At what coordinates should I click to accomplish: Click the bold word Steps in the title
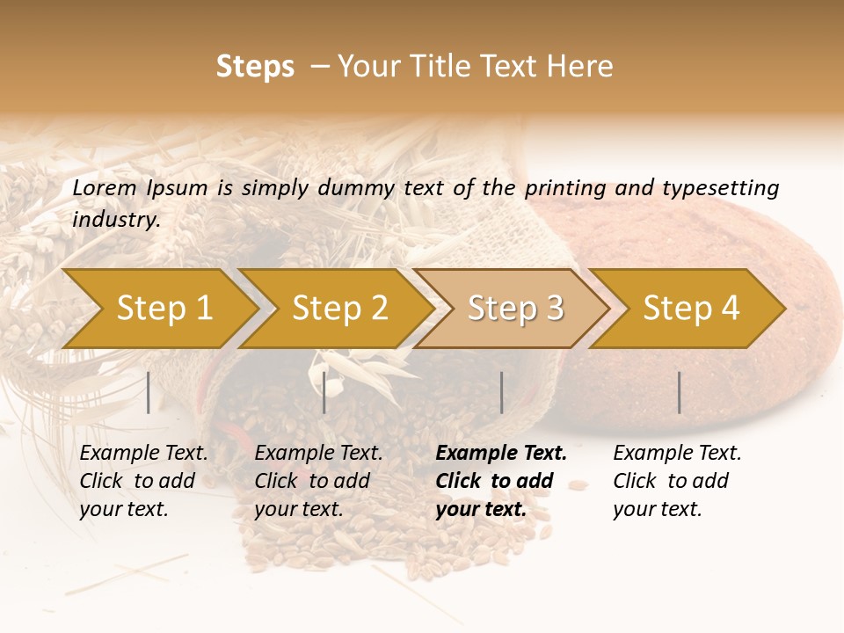click(255, 67)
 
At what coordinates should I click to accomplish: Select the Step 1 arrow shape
click(163, 309)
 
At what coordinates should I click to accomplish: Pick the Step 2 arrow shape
click(338, 309)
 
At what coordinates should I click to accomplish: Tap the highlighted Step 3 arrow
click(514, 309)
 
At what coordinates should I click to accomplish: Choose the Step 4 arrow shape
click(690, 309)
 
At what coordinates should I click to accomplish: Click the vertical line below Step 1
click(149, 392)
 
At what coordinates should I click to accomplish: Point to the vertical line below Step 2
click(324, 392)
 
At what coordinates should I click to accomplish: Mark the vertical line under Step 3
click(501, 392)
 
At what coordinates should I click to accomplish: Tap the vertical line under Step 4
click(679, 392)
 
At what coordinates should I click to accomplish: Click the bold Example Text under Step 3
click(501, 453)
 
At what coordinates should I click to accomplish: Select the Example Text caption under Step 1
click(144, 453)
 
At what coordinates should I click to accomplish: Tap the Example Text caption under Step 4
click(677, 453)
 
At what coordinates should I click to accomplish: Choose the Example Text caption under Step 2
click(318, 453)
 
